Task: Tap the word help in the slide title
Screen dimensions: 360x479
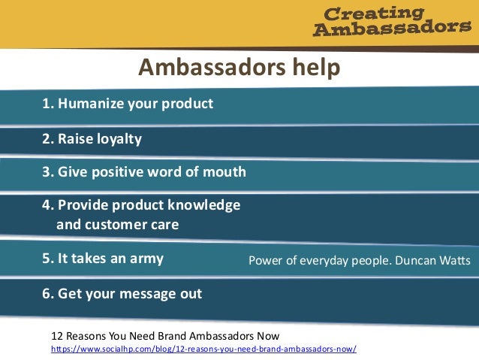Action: tap(312, 68)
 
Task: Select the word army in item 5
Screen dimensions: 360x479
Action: tap(146, 259)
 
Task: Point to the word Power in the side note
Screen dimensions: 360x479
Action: tap(265, 262)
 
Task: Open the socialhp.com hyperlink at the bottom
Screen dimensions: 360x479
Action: tap(203, 349)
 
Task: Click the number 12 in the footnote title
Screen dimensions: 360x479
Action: tap(57, 335)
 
